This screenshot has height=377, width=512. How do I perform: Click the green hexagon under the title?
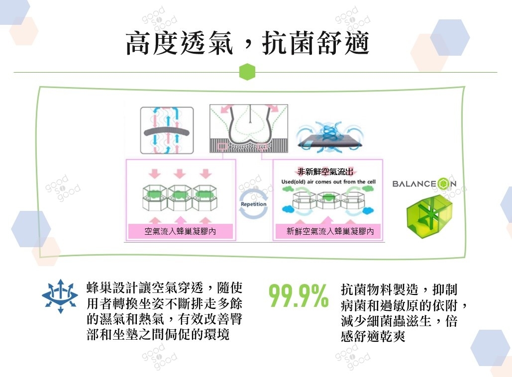click(247, 72)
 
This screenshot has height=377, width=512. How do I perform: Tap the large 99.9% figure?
click(298, 296)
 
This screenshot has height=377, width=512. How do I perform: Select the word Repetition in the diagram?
click(254, 204)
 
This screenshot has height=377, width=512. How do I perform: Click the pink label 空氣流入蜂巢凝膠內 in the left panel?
click(180, 231)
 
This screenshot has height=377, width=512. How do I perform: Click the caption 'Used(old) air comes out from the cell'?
click(328, 182)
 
